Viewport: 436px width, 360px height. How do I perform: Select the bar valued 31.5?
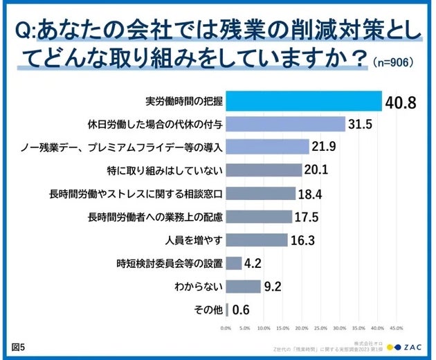286,124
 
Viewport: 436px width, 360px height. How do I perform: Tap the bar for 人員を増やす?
257,240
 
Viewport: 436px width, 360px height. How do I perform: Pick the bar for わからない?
243,285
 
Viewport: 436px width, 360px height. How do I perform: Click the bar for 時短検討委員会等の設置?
233,262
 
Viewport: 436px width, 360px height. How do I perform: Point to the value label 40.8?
401,102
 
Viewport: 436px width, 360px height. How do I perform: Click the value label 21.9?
325,147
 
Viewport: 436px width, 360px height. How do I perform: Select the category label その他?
206,309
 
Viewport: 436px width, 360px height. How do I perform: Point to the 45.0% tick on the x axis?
397,327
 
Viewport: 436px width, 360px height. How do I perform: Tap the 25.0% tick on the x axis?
321,327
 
